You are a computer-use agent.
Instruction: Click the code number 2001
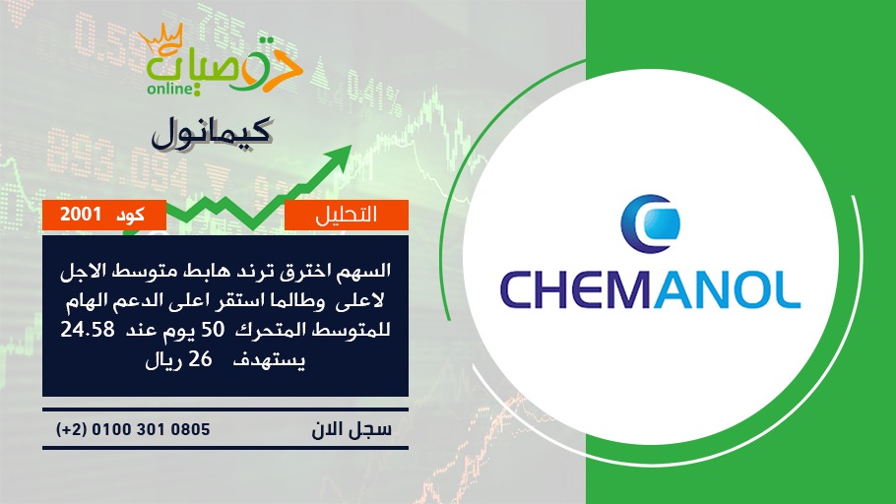point(81,215)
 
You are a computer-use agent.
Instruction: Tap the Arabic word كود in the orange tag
point(130,216)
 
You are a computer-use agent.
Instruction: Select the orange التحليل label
point(347,215)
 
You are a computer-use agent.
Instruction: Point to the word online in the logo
point(169,89)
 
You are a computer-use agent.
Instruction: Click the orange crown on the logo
point(161,37)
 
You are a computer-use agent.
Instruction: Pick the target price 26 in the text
point(200,360)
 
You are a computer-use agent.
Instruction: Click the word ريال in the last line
point(162,360)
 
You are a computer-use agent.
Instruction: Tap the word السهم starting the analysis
point(364,271)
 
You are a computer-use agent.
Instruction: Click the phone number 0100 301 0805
point(151,429)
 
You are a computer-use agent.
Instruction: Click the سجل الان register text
point(352,429)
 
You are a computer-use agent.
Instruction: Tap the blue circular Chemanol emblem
point(650,223)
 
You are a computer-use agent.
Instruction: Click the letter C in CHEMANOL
point(518,290)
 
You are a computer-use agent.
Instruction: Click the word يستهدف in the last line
point(269,360)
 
